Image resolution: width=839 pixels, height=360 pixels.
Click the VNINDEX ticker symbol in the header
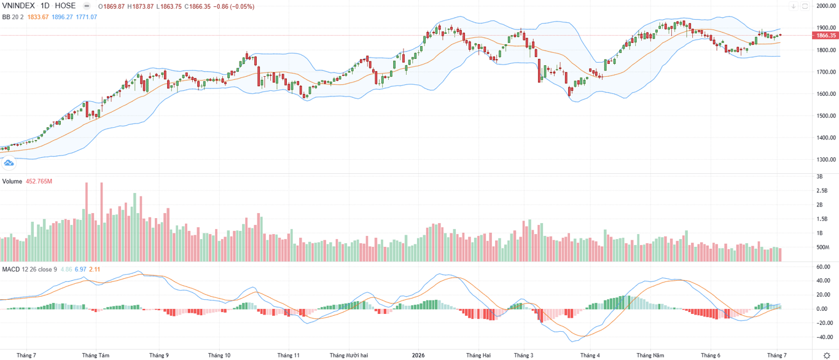(18, 6)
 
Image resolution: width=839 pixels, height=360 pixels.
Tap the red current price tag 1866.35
(826, 36)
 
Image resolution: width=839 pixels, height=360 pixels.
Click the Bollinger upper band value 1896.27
(62, 17)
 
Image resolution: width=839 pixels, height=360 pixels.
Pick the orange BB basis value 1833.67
(38, 17)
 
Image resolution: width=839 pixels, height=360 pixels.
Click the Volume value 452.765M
(39, 181)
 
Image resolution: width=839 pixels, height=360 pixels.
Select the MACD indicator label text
(11, 269)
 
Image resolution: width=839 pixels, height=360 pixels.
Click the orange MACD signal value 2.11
(95, 269)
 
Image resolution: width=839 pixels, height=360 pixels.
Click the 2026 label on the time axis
(418, 355)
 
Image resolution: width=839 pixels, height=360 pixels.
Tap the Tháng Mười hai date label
(349, 355)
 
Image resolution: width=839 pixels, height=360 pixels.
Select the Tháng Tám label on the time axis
(96, 355)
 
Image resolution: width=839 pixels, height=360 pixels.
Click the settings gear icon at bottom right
(827, 355)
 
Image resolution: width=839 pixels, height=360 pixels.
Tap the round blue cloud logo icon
(9, 163)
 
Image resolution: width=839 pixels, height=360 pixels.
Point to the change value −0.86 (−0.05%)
(234, 6)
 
